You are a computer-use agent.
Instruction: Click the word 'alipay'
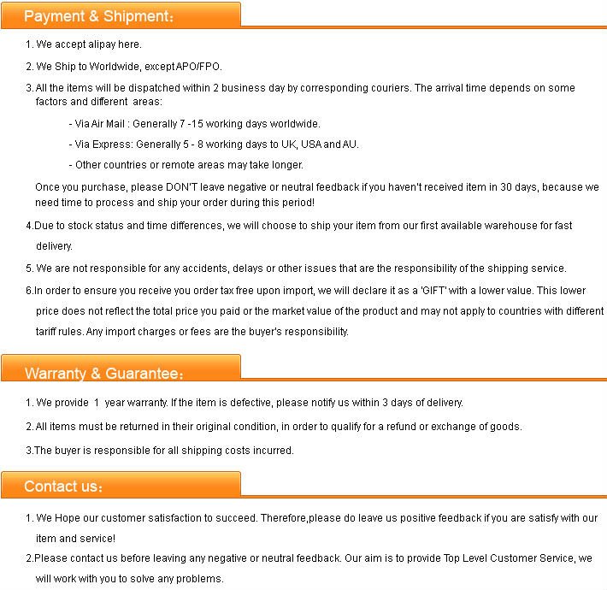point(99,44)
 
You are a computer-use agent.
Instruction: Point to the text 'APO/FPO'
point(202,66)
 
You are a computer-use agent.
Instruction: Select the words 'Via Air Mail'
point(97,124)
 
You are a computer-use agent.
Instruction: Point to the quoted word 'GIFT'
point(438,291)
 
